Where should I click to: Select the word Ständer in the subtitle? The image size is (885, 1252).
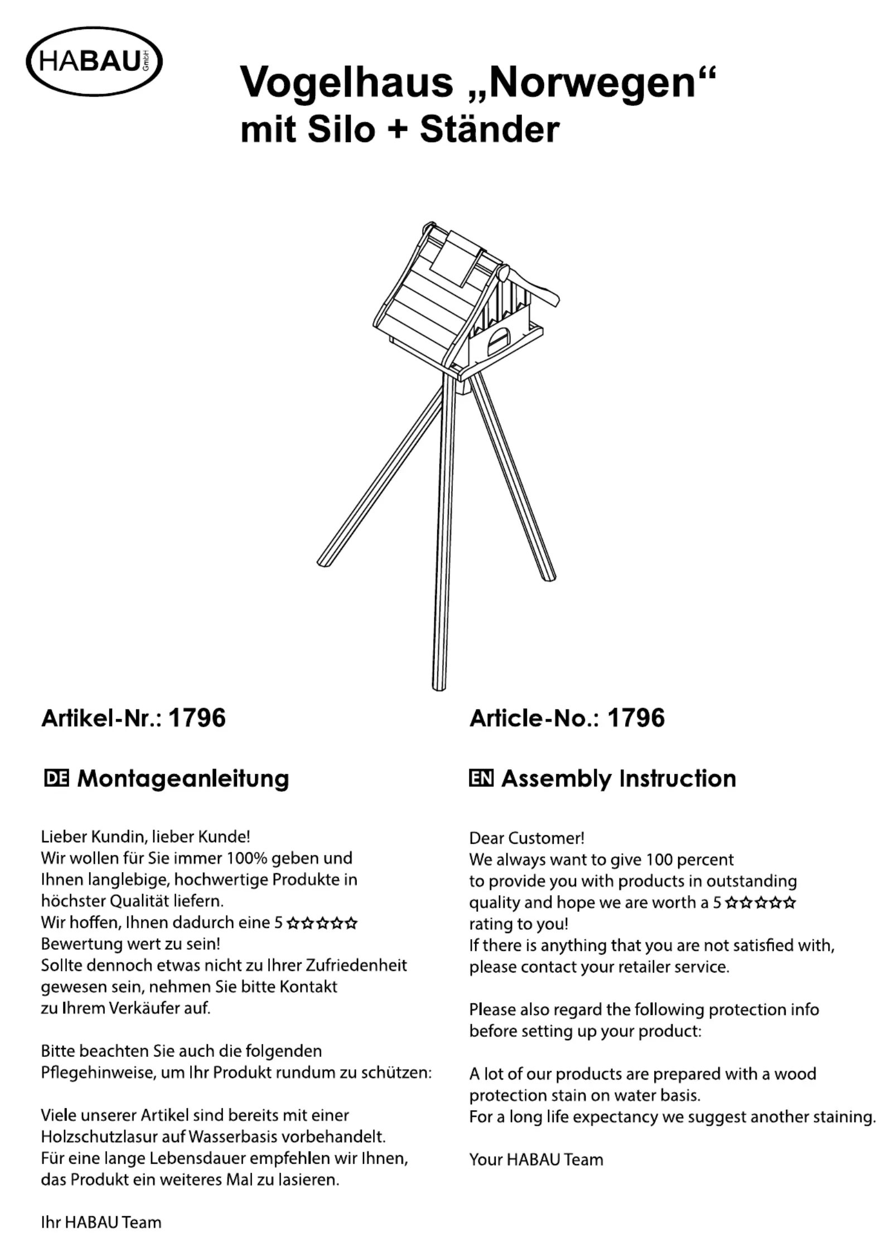(489, 129)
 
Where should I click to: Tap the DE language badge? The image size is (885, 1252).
(56, 779)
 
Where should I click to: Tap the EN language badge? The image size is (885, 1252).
(481, 779)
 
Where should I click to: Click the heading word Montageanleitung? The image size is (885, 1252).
(183, 779)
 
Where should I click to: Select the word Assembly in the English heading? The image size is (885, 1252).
(556, 779)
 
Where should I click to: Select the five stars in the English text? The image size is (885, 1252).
(761, 903)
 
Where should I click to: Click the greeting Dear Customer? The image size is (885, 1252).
(526, 838)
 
